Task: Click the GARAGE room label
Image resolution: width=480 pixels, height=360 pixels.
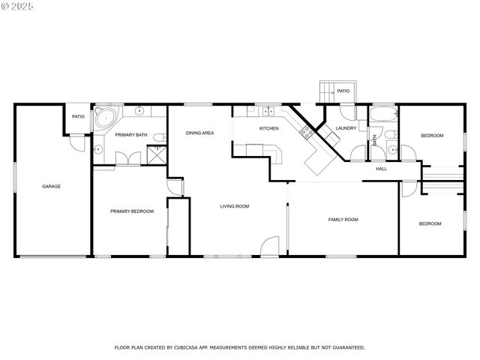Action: [x=51, y=186]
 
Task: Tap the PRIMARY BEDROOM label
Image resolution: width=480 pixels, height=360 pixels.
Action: [x=132, y=211]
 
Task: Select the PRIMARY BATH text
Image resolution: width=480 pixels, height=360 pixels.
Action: [x=131, y=136]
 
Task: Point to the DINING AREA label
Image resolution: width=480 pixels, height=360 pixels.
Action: [x=200, y=133]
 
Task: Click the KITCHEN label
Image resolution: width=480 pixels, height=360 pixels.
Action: [x=269, y=128]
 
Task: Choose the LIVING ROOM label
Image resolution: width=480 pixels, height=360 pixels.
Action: [x=234, y=206]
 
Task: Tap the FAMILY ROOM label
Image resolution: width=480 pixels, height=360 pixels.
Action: [x=343, y=219]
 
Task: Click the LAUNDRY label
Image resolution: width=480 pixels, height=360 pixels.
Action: [x=346, y=128]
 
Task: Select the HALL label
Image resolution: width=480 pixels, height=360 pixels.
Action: [x=381, y=169]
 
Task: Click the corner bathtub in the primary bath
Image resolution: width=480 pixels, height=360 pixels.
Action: [x=104, y=118]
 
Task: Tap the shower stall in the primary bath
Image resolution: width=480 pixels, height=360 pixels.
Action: [x=157, y=153]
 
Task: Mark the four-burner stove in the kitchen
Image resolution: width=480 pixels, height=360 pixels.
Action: [x=306, y=133]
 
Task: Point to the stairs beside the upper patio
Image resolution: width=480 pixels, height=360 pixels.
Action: [x=326, y=91]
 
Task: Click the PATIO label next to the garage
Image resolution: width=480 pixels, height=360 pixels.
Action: [x=78, y=116]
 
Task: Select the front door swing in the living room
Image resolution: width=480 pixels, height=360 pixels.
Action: [x=271, y=246]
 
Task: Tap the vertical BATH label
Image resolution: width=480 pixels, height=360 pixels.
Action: [x=374, y=139]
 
